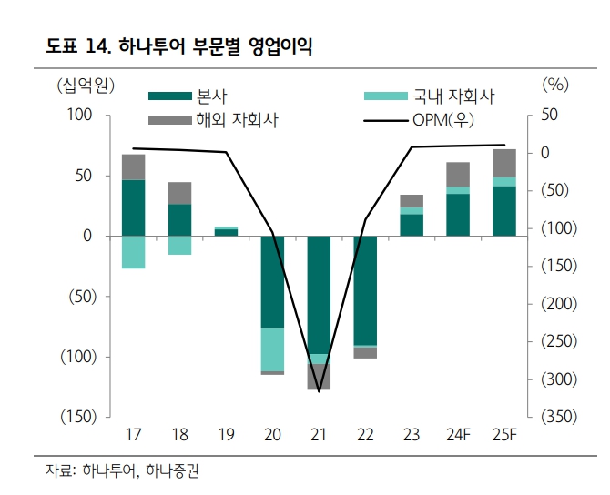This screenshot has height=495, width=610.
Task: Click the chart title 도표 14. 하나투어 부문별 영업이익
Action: pyautogui.click(x=178, y=48)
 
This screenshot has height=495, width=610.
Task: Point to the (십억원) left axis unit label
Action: pyautogui.click(x=85, y=86)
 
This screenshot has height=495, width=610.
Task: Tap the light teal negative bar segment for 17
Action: pyautogui.click(x=134, y=252)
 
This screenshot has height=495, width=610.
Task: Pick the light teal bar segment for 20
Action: pyautogui.click(x=272, y=349)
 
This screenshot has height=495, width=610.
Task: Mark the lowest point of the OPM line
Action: pyautogui.click(x=319, y=391)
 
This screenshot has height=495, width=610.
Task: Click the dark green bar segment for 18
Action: pyautogui.click(x=180, y=219)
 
